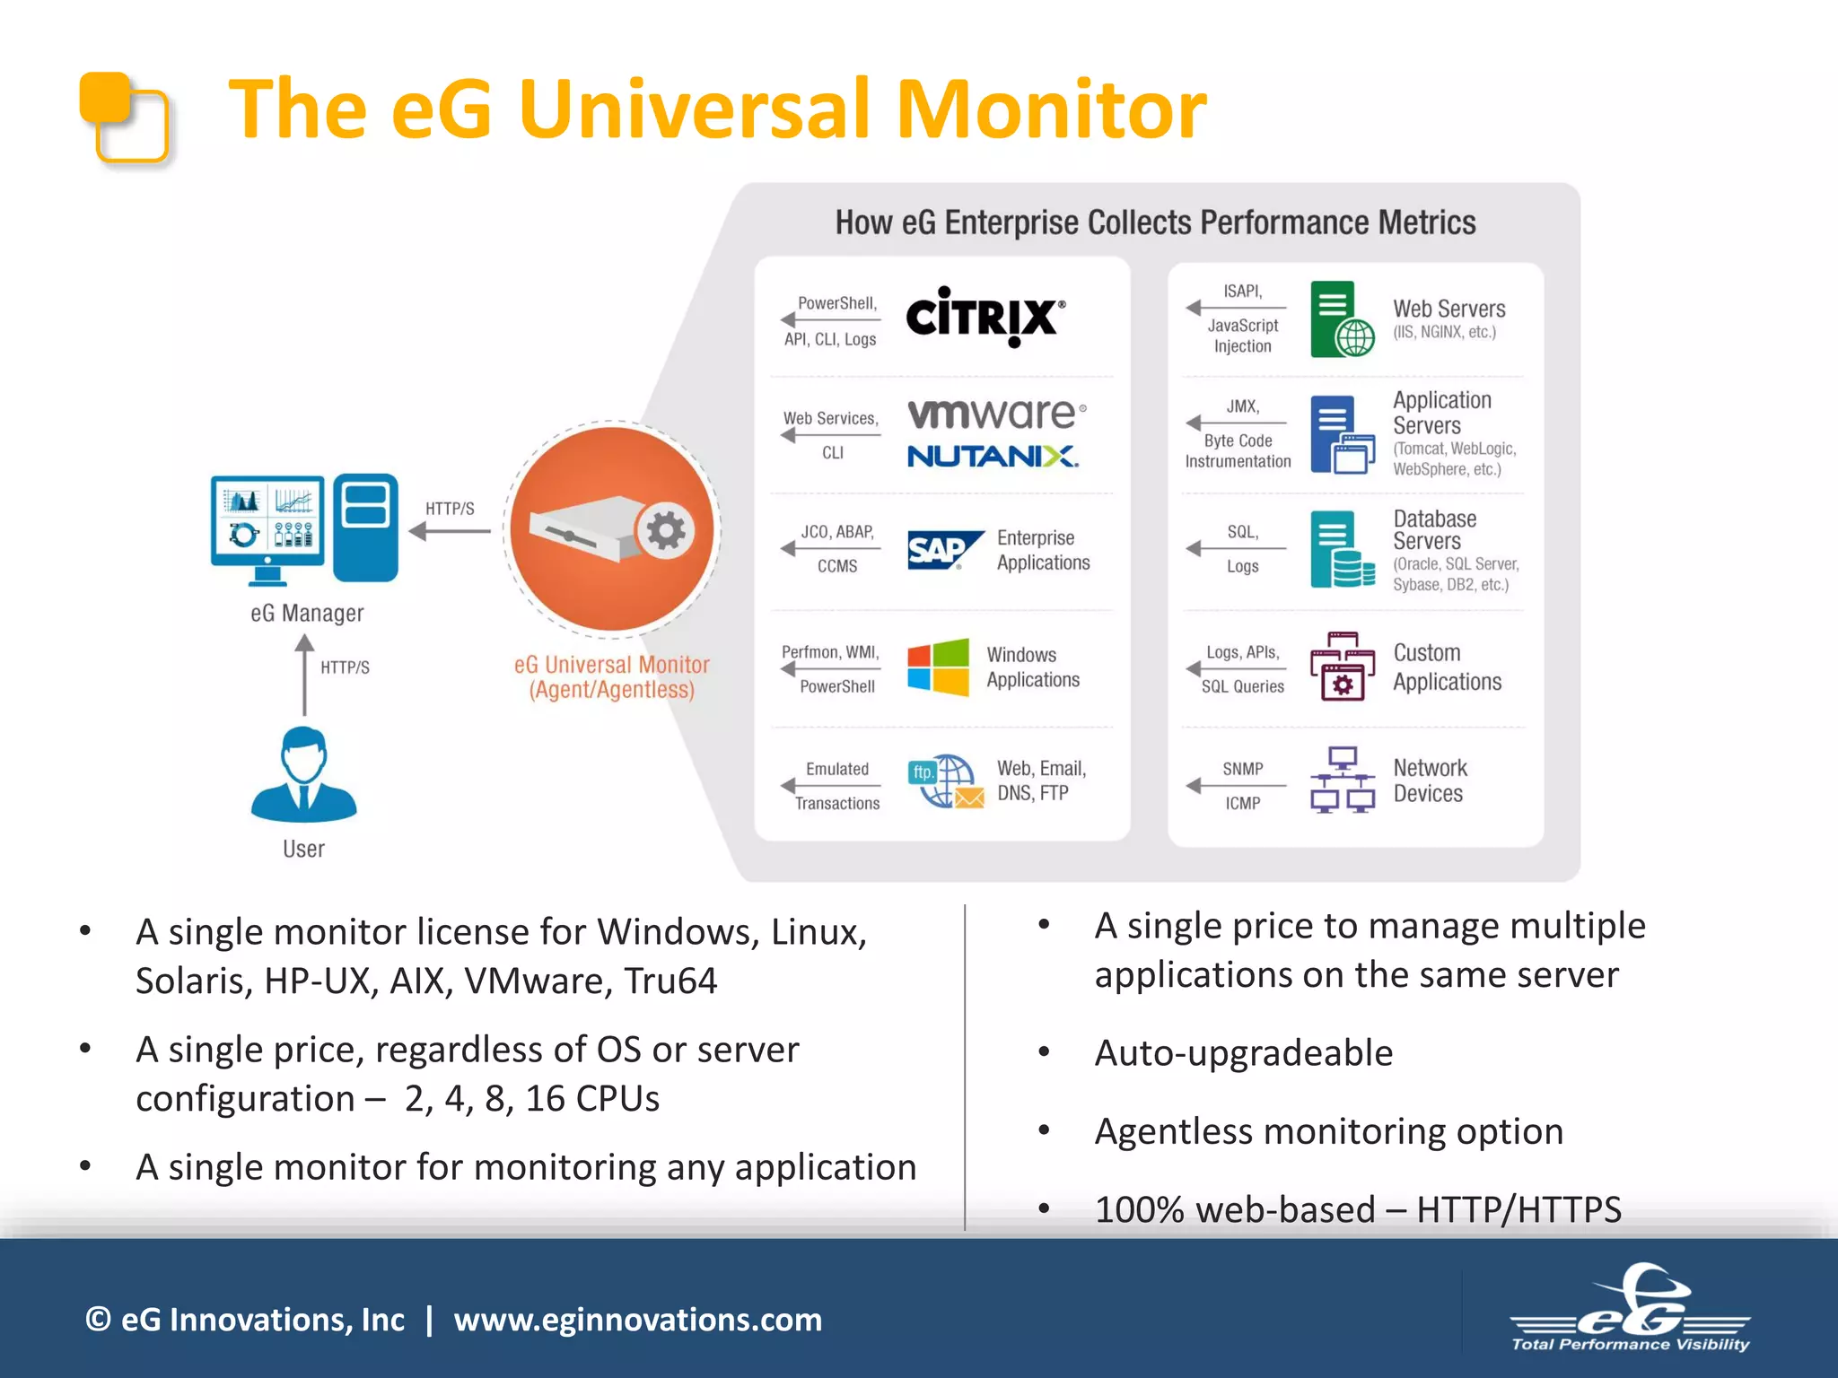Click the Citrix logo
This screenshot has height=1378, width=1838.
pos(985,317)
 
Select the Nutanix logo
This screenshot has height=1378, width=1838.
pos(993,456)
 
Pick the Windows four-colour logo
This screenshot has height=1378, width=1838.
pos(938,667)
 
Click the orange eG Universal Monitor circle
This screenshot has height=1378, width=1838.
pos(612,529)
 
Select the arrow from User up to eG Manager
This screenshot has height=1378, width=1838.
pos(304,675)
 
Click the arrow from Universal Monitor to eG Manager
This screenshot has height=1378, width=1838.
pos(450,531)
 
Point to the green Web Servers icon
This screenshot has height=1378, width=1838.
pos(1341,319)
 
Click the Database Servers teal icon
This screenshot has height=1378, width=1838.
pos(1341,549)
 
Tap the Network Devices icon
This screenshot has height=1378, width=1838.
pos(1342,779)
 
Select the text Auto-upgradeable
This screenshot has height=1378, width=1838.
pos(1243,1053)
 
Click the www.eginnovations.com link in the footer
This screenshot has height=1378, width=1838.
pos(637,1320)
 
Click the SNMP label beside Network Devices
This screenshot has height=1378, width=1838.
pos(1242,769)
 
